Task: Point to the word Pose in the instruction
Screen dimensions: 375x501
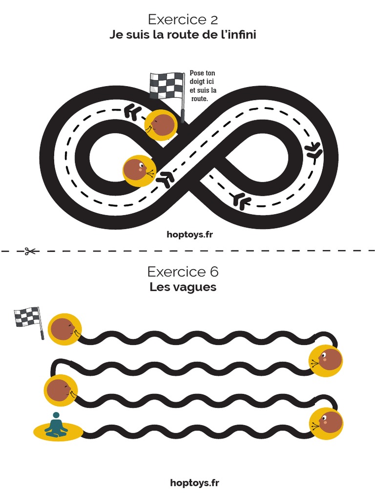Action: click(x=196, y=73)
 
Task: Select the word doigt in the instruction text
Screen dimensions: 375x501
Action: click(x=198, y=82)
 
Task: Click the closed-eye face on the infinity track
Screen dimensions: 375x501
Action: click(x=162, y=125)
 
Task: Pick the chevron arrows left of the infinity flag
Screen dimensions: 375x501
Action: click(x=132, y=111)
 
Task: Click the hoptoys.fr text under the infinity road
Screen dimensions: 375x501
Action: click(x=190, y=234)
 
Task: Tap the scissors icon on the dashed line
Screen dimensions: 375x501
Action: click(x=30, y=251)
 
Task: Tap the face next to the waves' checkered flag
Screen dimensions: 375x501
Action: click(x=64, y=329)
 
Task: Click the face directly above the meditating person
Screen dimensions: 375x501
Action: click(x=60, y=389)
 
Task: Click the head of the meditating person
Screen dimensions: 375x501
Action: click(x=56, y=415)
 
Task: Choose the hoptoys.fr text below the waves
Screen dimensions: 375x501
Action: click(x=195, y=482)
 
